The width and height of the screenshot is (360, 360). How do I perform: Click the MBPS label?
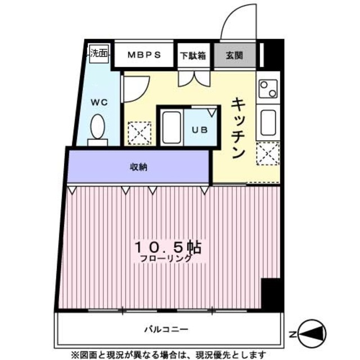click(x=144, y=55)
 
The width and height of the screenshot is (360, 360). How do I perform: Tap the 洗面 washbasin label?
click(x=100, y=55)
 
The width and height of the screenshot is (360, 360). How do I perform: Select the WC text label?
click(x=100, y=103)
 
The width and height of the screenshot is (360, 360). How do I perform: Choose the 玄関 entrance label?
click(x=235, y=55)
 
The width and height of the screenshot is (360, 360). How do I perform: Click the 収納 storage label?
click(x=139, y=167)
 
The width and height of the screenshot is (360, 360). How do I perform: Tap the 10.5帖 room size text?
click(x=168, y=247)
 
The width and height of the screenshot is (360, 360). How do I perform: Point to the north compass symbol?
click(x=310, y=334)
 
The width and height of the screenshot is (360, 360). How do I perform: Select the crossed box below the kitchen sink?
click(x=268, y=153)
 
